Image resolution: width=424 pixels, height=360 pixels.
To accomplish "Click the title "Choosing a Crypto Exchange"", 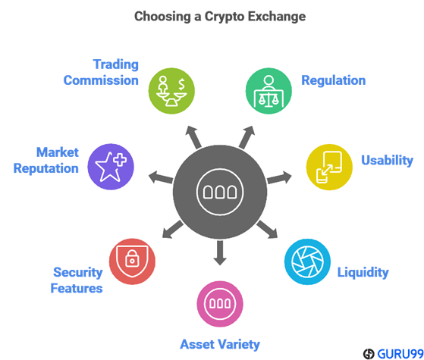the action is [220, 17].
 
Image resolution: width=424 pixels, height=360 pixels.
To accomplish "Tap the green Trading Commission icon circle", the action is [171, 91].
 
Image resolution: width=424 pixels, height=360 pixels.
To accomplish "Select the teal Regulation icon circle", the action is [269, 91].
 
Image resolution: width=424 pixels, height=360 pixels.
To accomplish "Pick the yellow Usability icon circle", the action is [329, 167].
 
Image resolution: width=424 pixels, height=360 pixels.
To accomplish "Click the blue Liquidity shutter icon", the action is [307, 261].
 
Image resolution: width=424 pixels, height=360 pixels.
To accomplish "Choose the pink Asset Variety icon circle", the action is [220, 304].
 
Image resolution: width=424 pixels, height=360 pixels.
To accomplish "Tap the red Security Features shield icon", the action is [132, 261].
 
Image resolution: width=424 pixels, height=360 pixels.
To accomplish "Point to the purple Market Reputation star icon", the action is [111, 167].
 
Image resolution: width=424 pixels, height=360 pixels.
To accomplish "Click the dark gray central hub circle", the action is [220, 192].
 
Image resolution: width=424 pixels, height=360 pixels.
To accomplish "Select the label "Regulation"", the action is [334, 80].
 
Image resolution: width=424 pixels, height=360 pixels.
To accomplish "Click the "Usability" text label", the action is [388, 160].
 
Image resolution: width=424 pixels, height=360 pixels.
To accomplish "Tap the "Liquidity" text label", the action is [363, 272].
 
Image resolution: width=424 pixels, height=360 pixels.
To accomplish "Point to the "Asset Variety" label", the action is [220, 344].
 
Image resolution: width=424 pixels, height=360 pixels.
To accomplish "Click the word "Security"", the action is [78, 272].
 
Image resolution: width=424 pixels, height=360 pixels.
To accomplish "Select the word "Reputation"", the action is [46, 168].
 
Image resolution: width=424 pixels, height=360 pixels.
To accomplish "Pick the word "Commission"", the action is [101, 80].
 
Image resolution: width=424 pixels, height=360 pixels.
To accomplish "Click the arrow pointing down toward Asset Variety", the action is [220, 252].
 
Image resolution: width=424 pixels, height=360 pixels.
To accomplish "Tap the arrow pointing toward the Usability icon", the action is [279, 178].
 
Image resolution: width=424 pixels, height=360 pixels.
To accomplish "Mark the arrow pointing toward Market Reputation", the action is [161, 177].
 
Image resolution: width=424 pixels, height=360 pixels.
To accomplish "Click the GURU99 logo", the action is [393, 353].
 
